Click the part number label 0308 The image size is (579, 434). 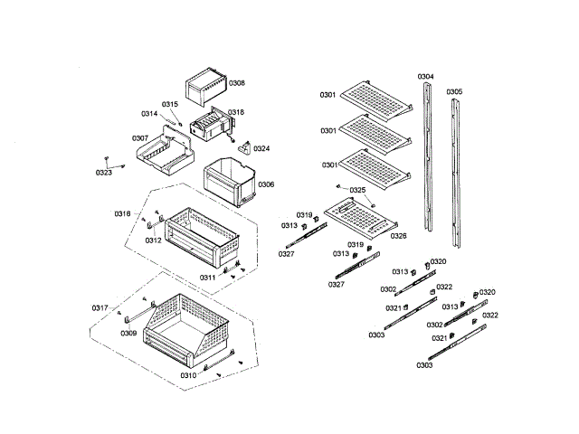(237, 83)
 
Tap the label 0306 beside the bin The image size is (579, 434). (266, 184)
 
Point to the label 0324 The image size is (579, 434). (261, 148)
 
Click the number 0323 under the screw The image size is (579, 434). (104, 172)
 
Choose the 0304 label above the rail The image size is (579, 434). (425, 77)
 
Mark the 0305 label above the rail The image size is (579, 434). (454, 91)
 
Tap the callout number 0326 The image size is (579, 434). (398, 236)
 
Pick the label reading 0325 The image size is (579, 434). (357, 190)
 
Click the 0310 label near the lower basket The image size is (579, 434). (188, 374)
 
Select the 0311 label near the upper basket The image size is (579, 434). (207, 278)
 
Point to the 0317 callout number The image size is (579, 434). (100, 308)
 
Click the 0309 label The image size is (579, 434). (129, 333)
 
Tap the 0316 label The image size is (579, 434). (122, 213)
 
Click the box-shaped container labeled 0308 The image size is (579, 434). (206, 89)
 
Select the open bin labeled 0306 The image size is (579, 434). (227, 179)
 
